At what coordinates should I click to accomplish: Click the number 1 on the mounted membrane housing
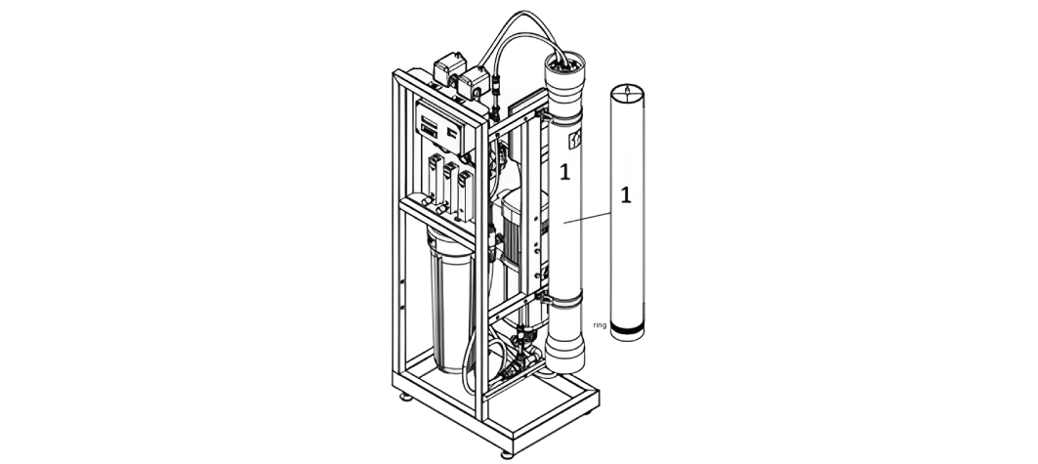point(564,172)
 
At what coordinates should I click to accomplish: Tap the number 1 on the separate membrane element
point(626,195)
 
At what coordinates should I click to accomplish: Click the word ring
point(600,325)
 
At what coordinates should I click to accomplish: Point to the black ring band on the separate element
point(627,328)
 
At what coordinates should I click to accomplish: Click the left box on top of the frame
point(449,68)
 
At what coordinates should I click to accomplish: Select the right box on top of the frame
point(473,84)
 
